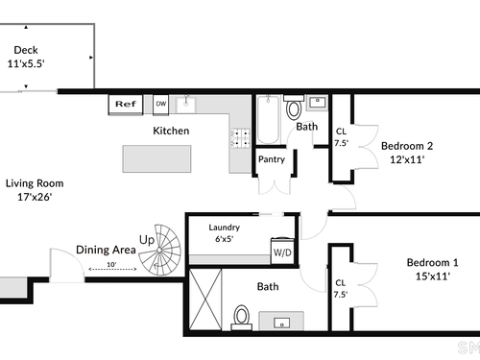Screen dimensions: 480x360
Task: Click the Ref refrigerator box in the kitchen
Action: pos(126,105)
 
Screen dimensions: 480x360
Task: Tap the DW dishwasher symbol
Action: pos(161,104)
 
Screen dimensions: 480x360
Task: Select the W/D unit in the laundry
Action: pos(282,252)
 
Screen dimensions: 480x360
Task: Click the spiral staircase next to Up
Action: pos(159,250)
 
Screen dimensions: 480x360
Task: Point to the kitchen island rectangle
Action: pos(156,159)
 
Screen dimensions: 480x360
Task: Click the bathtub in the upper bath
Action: pos(269,120)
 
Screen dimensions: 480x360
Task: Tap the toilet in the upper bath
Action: pos(294,108)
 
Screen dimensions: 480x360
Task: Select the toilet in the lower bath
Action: pos(242,318)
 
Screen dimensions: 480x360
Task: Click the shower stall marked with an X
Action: pos(205,300)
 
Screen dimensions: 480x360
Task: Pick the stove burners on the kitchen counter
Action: pos(241,138)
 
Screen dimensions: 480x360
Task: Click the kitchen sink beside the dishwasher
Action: pos(186,104)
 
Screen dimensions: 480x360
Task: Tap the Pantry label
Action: pos(272,159)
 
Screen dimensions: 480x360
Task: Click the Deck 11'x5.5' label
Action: pos(26,57)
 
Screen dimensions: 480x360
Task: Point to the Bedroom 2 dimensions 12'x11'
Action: pos(407,159)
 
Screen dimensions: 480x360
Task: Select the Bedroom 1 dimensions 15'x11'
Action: pos(433,276)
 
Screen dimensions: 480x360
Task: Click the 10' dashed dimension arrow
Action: pos(112,269)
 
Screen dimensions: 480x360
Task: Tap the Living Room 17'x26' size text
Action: pos(35,197)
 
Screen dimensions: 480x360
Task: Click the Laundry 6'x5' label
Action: pos(224,233)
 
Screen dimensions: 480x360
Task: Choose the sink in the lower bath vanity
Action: pos(281,323)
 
